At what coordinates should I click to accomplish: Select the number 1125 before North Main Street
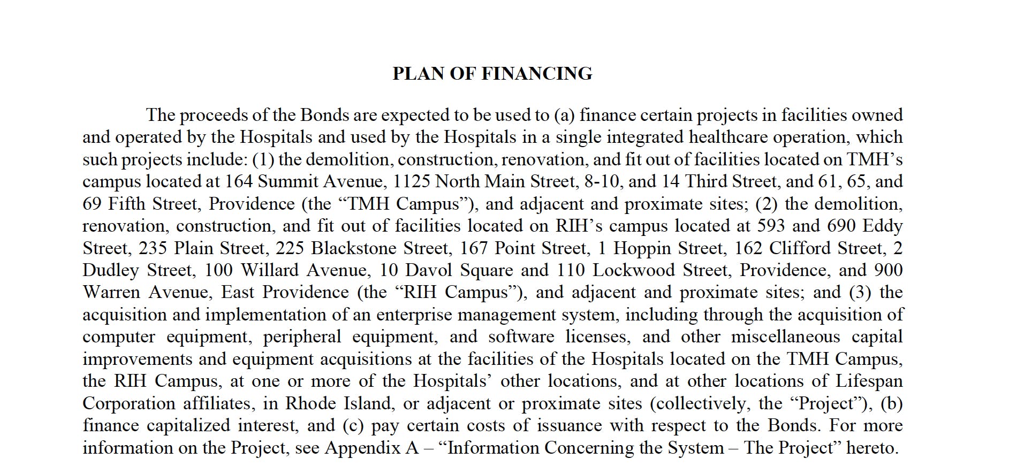point(412,181)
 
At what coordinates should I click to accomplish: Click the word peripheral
point(302,337)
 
